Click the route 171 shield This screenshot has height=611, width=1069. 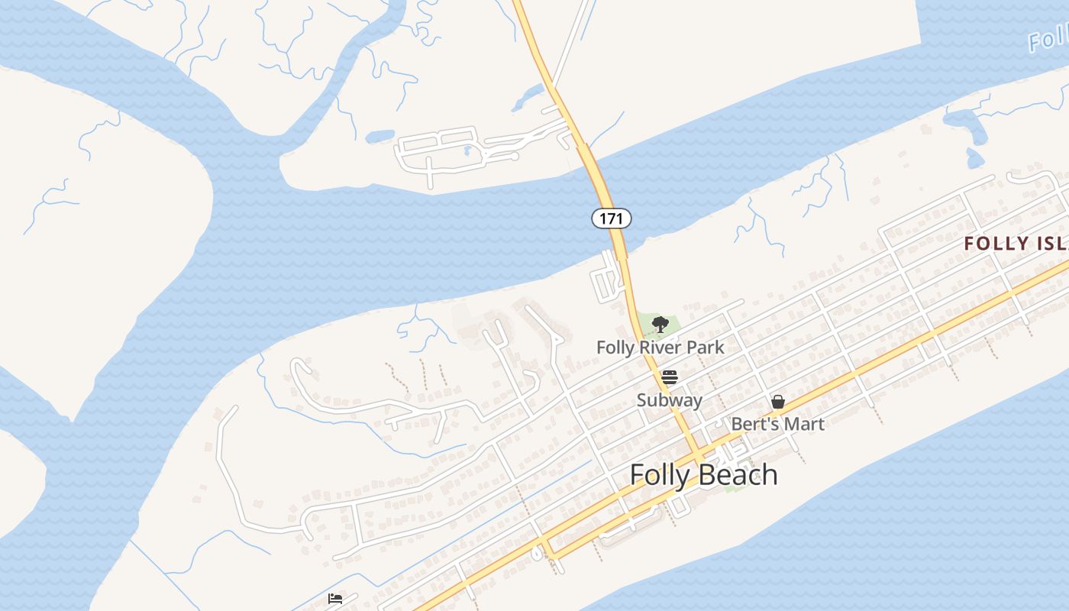point(611,219)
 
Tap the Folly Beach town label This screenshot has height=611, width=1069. point(703,475)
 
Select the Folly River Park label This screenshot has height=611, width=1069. point(660,348)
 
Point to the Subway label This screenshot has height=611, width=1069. point(670,399)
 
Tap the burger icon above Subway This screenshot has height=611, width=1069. point(670,377)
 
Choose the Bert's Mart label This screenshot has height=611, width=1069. point(777,423)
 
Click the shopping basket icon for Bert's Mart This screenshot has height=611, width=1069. point(778,402)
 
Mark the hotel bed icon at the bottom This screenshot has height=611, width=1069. point(335,599)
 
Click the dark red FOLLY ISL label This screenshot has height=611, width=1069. point(1016,244)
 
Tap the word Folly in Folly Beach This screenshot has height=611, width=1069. point(656,475)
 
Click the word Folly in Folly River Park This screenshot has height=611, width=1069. point(615,348)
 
